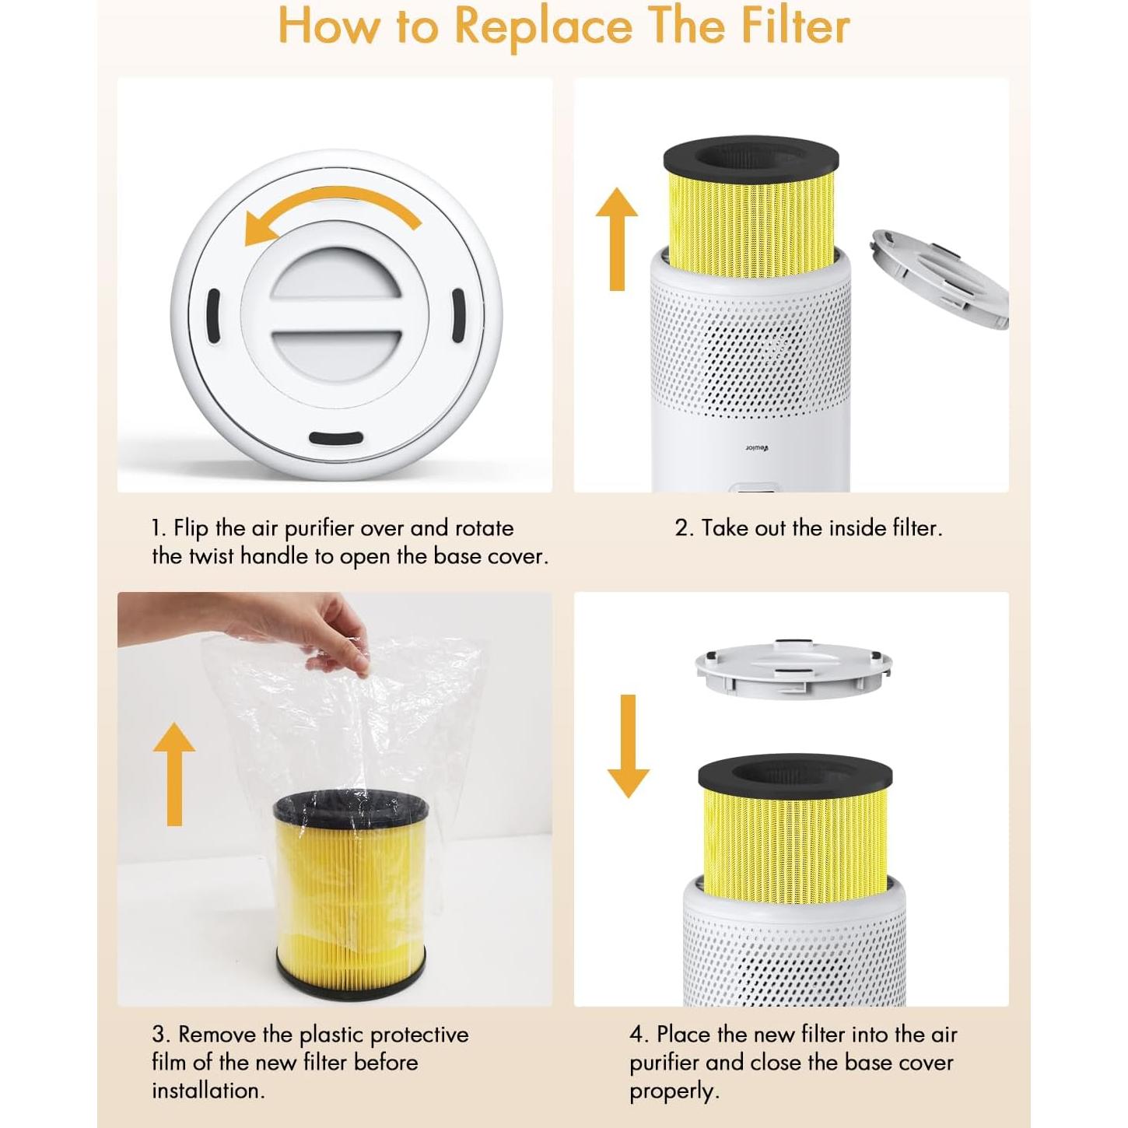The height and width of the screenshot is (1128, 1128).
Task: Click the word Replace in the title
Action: pos(543,26)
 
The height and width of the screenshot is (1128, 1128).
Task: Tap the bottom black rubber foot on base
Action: pos(335,438)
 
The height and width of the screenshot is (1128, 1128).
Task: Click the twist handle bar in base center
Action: pos(336,324)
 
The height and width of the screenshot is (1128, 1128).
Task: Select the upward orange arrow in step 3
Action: pos(174,773)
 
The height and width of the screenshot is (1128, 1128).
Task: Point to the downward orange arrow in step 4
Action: pos(628,747)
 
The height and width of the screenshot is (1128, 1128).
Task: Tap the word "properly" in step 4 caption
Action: pos(672,1091)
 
